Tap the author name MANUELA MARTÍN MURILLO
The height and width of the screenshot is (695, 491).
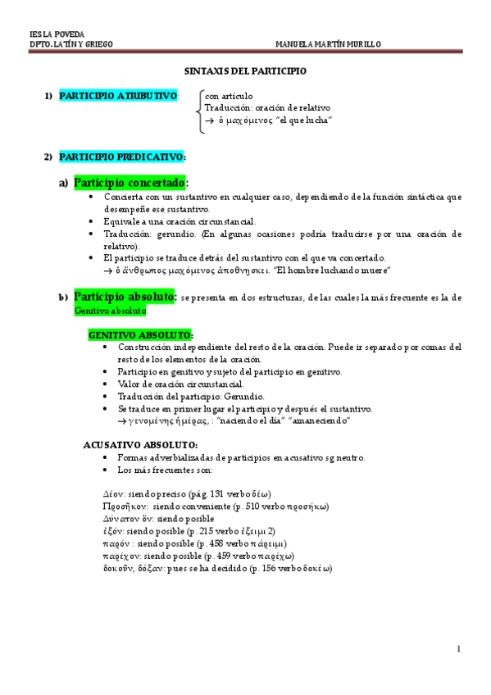click(x=328, y=44)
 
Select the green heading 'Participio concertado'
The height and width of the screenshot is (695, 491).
click(x=130, y=182)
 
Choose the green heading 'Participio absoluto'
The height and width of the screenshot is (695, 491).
click(x=125, y=296)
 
